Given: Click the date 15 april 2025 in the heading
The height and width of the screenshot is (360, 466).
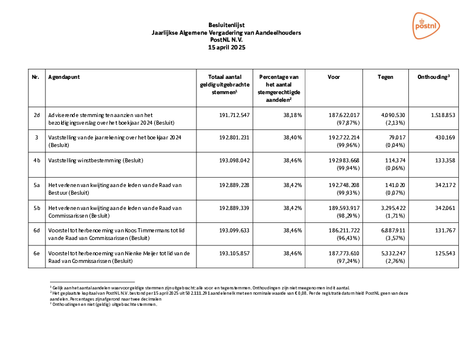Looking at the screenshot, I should click(227, 47).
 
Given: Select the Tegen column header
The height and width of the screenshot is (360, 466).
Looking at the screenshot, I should click(385, 77).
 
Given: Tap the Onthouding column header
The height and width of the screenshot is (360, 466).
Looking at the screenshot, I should click(434, 77).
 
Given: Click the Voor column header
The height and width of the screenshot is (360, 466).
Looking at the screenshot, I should click(334, 77).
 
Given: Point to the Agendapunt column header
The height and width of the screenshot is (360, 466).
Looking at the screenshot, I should click(65, 77).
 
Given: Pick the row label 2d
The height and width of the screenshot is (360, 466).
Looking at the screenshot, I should click(36, 114).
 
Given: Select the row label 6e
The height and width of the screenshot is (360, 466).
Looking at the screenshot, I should click(36, 252).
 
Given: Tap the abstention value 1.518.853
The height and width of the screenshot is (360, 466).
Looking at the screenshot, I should click(443, 114).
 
